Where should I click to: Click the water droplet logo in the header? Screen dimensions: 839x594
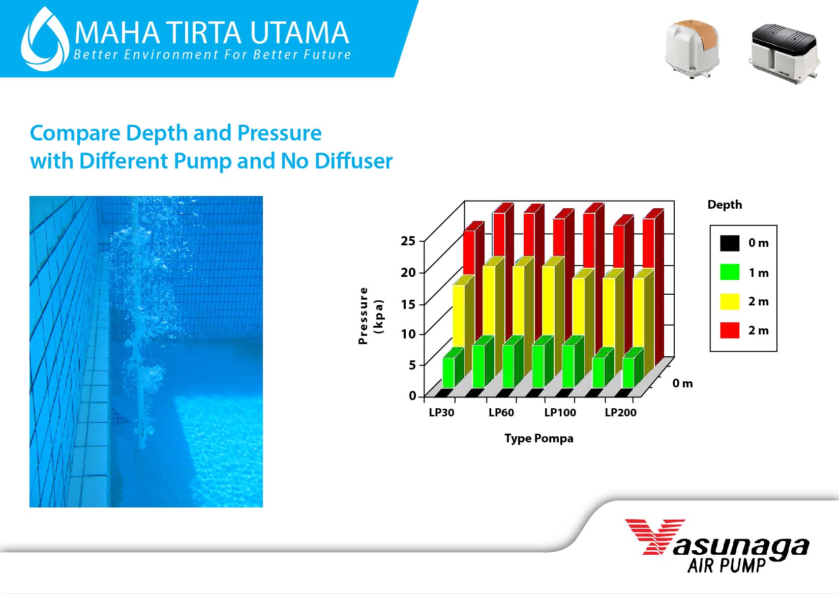coord(45,39)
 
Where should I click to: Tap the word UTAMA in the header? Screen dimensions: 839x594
coord(299,33)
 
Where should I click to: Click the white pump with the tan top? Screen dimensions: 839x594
coord(692,49)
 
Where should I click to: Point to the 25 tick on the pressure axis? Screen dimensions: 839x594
coord(408,241)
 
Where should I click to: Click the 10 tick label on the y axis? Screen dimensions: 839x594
coord(408,334)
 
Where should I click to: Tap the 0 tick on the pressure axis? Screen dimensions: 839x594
coord(412,395)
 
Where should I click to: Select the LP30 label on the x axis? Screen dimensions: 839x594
coord(441,412)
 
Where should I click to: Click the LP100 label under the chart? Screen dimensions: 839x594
coord(560,412)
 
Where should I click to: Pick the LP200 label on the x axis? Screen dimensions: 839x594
coord(621,412)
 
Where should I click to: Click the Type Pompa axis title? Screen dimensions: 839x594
coord(538,438)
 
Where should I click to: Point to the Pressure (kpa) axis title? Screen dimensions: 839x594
coord(371,316)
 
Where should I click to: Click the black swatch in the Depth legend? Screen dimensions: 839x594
coord(730,243)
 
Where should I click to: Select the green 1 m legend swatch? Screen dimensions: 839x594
coord(730,272)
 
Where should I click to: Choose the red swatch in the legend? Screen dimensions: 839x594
coord(730,330)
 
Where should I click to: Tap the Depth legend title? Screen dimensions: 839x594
coord(725,205)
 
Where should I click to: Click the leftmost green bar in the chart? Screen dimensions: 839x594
coord(448,373)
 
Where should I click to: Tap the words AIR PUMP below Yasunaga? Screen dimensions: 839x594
coord(727,565)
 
